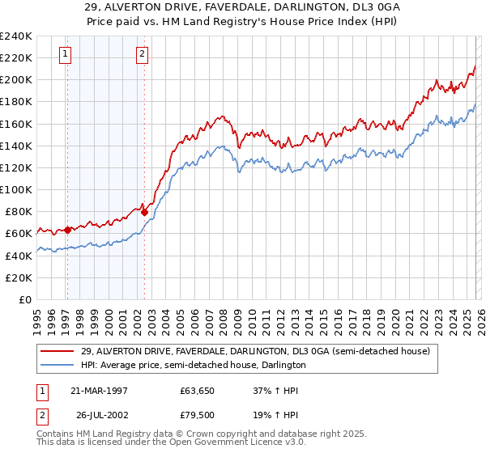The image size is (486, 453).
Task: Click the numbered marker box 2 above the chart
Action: (142, 54)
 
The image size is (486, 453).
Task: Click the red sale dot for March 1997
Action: (67, 230)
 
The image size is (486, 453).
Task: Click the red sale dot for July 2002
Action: (144, 212)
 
